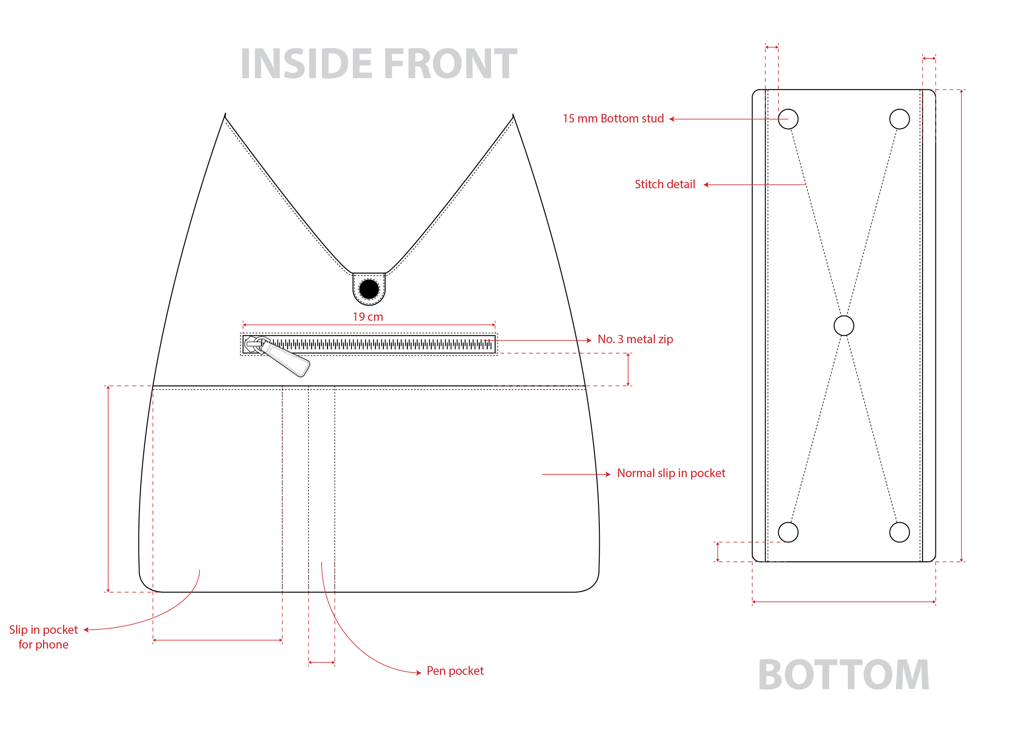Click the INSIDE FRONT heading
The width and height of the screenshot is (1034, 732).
point(378,64)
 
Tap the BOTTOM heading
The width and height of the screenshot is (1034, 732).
point(843,675)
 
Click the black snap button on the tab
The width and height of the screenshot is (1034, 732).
point(369,289)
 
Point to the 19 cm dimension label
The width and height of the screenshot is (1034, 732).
point(368,317)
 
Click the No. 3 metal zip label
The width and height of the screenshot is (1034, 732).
point(635,340)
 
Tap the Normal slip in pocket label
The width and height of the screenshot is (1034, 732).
point(671,473)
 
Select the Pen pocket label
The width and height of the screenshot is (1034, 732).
point(455,671)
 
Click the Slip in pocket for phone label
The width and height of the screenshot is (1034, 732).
point(43,637)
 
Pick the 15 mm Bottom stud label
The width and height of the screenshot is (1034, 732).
point(613,118)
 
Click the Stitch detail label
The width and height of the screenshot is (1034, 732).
point(665,184)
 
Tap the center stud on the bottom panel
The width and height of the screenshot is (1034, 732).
point(843,326)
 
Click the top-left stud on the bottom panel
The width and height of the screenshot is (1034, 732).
point(788,119)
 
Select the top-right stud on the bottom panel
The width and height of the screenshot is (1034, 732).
point(899,119)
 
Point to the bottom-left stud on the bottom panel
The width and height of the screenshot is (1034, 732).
point(788,532)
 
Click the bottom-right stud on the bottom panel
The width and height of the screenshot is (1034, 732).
point(899,532)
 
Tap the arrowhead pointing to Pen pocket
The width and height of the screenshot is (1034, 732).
point(419,673)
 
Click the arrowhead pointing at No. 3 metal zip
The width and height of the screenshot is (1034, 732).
point(589,340)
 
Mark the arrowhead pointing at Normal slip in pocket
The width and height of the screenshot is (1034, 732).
point(608,474)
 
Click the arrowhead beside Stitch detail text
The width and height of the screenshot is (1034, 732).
point(706,185)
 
